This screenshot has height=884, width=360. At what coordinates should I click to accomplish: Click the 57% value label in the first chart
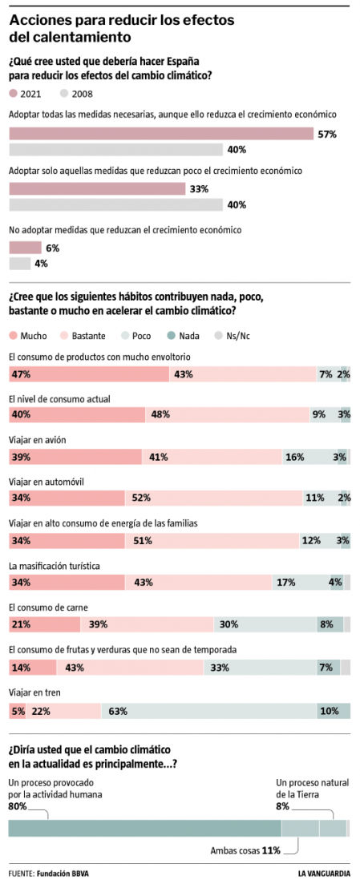[x=326, y=135]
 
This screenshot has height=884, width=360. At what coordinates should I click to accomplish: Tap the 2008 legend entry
[x=76, y=94]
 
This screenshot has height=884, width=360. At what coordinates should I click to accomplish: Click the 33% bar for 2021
[x=96, y=189]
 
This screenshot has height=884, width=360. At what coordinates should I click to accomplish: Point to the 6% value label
[x=52, y=248]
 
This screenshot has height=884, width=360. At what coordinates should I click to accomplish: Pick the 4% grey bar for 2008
[x=19, y=264]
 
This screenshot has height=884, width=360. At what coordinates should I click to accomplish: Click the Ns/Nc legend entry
[x=231, y=336]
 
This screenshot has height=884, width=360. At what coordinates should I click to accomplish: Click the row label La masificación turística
[x=54, y=566]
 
